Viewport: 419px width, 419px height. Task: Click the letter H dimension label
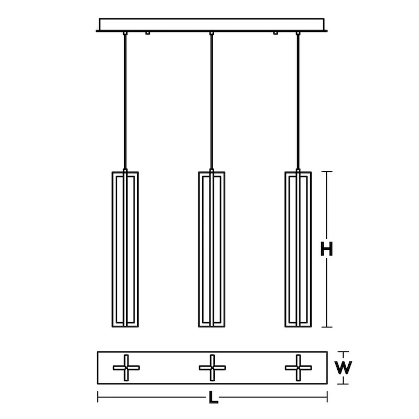327,249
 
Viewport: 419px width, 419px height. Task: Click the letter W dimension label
343,368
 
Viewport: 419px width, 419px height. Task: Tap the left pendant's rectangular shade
125,249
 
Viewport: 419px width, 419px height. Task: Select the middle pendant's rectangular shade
212,249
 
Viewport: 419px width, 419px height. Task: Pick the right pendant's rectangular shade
298,249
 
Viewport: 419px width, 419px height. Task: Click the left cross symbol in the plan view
126,368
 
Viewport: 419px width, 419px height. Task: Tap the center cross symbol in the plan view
212,368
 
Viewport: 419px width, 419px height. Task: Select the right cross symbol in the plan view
298,368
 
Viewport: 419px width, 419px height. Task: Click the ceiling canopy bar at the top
212,25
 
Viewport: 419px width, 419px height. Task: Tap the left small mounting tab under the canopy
148,34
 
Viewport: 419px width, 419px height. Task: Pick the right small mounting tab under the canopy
275,34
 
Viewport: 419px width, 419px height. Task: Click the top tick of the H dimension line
327,172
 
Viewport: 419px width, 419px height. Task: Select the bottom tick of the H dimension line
327,327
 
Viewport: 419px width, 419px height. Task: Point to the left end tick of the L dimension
98,398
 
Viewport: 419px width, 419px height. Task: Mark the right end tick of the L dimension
327,398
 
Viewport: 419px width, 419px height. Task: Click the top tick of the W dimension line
343,352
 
